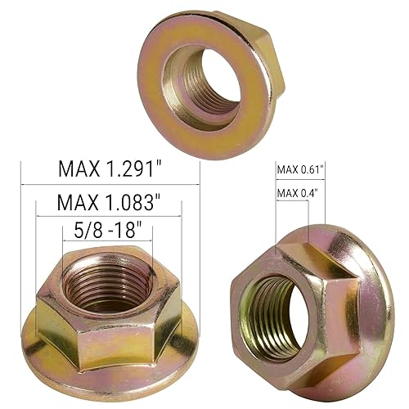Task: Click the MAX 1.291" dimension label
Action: pyautogui.click(x=110, y=169)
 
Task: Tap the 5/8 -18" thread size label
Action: pyautogui.click(x=106, y=228)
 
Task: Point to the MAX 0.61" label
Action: pyautogui.click(x=300, y=169)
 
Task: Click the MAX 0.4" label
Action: pyautogui.click(x=296, y=193)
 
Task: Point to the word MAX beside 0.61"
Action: pyautogui.click(x=287, y=169)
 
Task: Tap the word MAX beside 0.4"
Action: pyautogui.click(x=287, y=193)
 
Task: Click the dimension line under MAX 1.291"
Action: pyautogui.click(x=110, y=184)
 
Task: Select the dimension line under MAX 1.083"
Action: pyautogui.click(x=110, y=215)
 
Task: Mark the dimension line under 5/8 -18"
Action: pyautogui.click(x=106, y=241)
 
